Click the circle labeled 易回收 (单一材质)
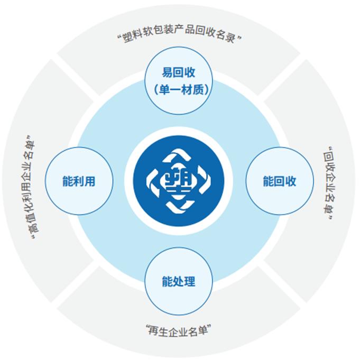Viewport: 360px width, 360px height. (178, 80)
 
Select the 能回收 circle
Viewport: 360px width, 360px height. (280, 181)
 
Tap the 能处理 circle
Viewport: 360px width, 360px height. (178, 281)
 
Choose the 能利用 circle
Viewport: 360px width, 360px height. (79, 181)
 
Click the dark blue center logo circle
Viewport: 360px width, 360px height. (178, 181)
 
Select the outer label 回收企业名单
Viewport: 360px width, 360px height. (328, 182)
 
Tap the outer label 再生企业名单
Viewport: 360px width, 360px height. (178, 330)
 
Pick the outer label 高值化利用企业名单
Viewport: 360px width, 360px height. (30, 187)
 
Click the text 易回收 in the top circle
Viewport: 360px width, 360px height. (178, 72)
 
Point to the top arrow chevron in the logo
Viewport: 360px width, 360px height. (178, 156)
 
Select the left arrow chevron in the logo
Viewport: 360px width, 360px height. (153, 181)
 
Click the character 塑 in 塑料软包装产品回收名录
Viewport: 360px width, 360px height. (128, 38)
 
